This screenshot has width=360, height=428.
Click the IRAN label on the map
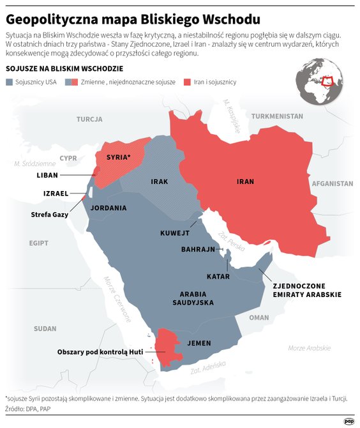pyautogui.click(x=245, y=181)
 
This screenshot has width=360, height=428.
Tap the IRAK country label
pyautogui.click(x=159, y=181)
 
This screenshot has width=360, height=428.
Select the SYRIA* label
pyautogui.click(x=118, y=157)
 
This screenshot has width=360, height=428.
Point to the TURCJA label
pyautogui.click(x=89, y=119)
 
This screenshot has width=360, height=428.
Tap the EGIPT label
pyautogui.click(x=38, y=243)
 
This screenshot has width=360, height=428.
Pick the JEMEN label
pyautogui.click(x=199, y=343)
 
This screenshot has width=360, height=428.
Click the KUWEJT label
pyautogui.click(x=175, y=234)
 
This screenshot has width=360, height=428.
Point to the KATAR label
pyautogui.click(x=218, y=277)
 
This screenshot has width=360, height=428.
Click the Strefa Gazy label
pyautogui.click(x=50, y=214)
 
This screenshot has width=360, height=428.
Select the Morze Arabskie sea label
pyautogui.click(x=309, y=348)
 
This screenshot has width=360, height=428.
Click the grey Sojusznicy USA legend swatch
pyautogui.click(x=10, y=82)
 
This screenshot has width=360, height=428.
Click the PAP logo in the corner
pyautogui.click(x=349, y=421)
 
